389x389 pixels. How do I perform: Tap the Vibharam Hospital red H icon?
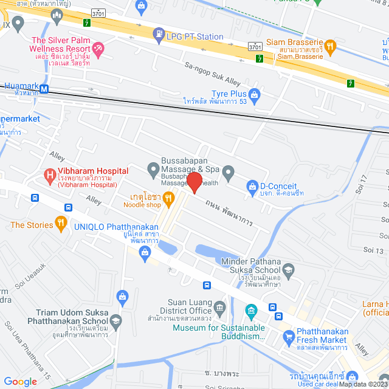click(x=50, y=177)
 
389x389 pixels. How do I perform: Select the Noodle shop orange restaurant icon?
click(x=169, y=198)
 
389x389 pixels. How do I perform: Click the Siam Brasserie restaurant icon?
click(x=330, y=45)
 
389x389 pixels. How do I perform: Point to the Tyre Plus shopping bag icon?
click(x=254, y=94)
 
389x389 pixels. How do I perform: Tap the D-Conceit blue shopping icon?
click(x=252, y=186)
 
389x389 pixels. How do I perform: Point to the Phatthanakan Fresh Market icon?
click(x=288, y=336)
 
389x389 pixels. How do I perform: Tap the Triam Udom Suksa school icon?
click(x=115, y=320)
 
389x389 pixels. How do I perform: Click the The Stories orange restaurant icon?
click(x=61, y=225)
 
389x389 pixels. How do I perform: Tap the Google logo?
click(x=21, y=381)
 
